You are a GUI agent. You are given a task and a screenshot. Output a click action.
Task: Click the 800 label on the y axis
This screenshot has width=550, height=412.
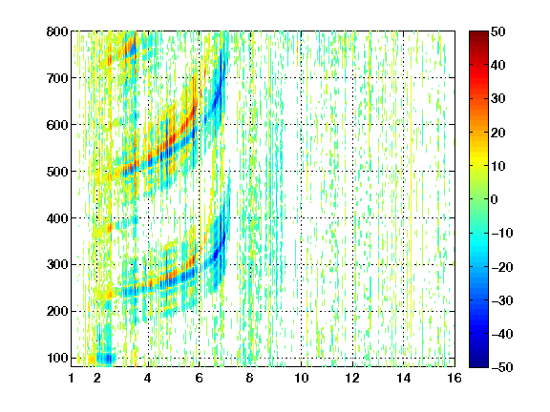point(57,31)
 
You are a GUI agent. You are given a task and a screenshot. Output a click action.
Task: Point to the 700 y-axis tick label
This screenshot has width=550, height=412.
point(57,78)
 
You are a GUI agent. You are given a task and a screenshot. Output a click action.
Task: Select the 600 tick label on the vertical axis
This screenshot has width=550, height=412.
point(57,125)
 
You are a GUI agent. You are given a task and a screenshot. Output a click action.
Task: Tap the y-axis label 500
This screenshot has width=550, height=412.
point(57,172)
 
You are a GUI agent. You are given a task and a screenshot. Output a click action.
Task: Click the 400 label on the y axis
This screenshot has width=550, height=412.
point(57,218)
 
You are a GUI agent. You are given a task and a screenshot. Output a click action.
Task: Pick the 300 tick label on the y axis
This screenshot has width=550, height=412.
point(57,265)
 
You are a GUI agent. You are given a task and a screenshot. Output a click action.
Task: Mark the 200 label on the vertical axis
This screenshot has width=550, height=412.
point(57,312)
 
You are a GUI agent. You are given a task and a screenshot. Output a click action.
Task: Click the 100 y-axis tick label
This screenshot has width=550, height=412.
point(57,358)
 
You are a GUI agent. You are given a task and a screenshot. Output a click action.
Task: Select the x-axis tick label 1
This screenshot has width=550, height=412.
point(72,378)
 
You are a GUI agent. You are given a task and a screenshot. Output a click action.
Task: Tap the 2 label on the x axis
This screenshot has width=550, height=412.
point(97,378)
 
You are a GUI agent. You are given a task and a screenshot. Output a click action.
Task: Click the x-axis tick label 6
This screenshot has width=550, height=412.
point(200,378)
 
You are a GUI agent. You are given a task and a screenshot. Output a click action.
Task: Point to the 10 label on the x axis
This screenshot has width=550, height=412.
point(302,378)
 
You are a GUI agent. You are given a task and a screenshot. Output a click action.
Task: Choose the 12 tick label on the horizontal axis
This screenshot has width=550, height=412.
point(352,378)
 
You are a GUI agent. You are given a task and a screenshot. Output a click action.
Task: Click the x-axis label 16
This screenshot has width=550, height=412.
point(455,378)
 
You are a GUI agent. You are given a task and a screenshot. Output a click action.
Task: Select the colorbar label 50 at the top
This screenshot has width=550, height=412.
point(497,31)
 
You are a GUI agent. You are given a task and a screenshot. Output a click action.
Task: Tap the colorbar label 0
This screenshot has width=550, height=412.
point(495,199)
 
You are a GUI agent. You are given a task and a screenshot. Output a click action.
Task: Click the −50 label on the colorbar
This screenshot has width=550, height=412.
point(502,367)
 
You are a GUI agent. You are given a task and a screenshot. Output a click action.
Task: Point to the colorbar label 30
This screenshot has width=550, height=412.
point(497,99)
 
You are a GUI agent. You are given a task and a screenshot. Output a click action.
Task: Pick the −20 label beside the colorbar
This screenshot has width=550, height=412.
point(502,267)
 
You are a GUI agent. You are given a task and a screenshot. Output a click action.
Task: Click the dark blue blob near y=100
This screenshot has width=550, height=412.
point(106,359)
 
